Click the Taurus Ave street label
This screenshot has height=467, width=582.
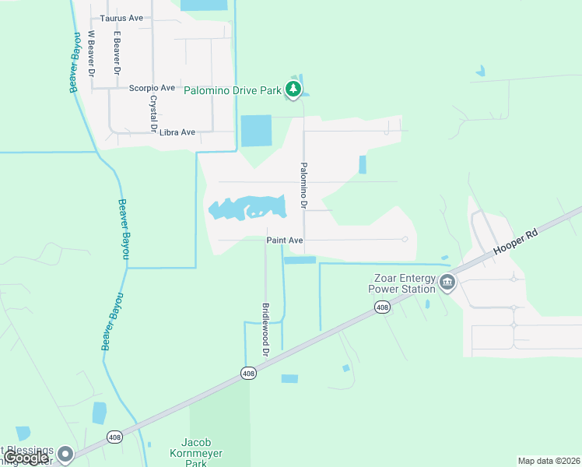[x=121, y=17]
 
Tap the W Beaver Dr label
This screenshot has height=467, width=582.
[x=91, y=52]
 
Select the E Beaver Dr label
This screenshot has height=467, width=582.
[x=117, y=52]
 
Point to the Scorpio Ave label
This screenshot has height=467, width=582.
[x=152, y=88]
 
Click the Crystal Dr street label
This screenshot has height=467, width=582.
[x=153, y=113]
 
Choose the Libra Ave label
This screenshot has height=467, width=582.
[x=177, y=132]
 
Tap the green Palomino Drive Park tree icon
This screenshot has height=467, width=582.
[x=293, y=90]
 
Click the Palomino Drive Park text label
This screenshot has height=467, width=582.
[x=232, y=91]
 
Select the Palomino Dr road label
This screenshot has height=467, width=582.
[x=304, y=185]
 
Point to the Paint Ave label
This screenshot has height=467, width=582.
[x=285, y=241]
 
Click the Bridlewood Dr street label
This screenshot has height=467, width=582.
[x=265, y=330]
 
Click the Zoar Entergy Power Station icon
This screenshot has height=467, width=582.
[x=447, y=282]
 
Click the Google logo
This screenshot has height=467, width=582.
[x=26, y=458]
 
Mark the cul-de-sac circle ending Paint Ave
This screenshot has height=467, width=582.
[x=405, y=240]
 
